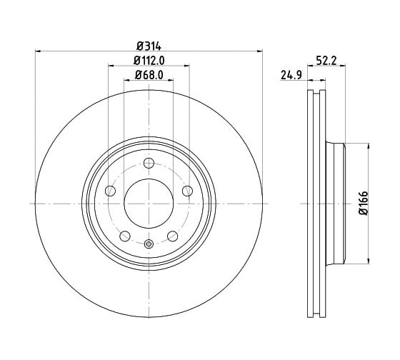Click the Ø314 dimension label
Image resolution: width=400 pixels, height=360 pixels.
(149, 46)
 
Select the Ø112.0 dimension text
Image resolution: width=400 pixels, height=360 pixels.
(149, 61)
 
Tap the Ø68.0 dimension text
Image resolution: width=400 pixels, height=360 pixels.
(149, 75)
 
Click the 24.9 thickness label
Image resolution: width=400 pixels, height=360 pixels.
(291, 75)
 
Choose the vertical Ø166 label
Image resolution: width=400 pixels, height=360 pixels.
(364, 203)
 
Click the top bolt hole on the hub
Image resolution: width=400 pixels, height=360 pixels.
(149, 163)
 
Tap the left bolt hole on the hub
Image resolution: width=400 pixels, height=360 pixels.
(110, 191)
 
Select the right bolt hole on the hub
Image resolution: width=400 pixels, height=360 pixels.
(187, 191)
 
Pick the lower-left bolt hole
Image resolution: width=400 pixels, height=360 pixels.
(125, 236)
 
